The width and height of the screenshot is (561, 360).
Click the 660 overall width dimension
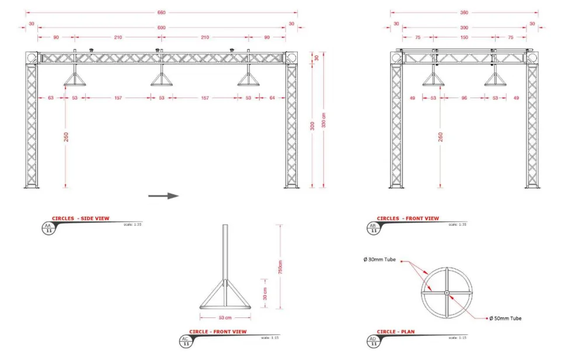[x=162, y=12]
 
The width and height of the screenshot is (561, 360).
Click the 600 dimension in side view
[x=162, y=27]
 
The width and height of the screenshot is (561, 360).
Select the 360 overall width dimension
[x=464, y=12]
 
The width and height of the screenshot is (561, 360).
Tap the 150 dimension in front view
[x=464, y=37]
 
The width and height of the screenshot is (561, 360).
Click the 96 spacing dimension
[x=464, y=98]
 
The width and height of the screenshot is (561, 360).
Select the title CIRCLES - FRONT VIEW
[x=407, y=218]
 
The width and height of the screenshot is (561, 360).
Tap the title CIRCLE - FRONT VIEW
[x=218, y=331]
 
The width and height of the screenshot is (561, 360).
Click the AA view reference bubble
[x=48, y=228]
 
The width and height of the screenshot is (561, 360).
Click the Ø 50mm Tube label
[x=506, y=318]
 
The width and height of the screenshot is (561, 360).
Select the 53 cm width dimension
[x=225, y=318]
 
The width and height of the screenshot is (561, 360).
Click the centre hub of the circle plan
[x=447, y=292]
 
